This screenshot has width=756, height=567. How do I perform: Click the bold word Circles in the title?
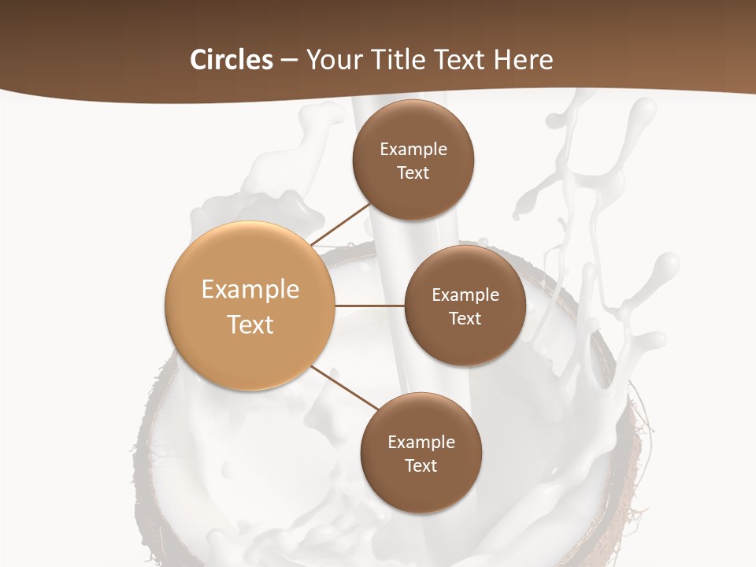[x=231, y=60]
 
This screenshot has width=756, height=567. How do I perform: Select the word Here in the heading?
[x=524, y=60]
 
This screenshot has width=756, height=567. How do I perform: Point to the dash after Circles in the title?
[x=289, y=61]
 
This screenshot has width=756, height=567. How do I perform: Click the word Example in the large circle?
[x=250, y=290]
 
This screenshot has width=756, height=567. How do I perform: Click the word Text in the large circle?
[x=250, y=324]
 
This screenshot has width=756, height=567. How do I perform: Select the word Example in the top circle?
[x=413, y=150]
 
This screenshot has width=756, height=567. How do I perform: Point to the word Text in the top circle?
[x=413, y=173]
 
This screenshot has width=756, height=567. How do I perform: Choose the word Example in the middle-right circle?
[x=465, y=295]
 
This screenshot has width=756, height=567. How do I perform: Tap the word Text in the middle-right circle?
[x=465, y=319]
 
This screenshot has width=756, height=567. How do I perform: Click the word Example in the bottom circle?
[x=421, y=443]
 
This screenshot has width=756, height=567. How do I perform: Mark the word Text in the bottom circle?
[x=421, y=466]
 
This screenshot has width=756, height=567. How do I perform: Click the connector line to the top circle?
[x=342, y=224]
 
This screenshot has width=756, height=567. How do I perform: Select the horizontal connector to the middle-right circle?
[x=370, y=306]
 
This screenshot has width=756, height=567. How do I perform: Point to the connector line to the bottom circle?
[x=346, y=387]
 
